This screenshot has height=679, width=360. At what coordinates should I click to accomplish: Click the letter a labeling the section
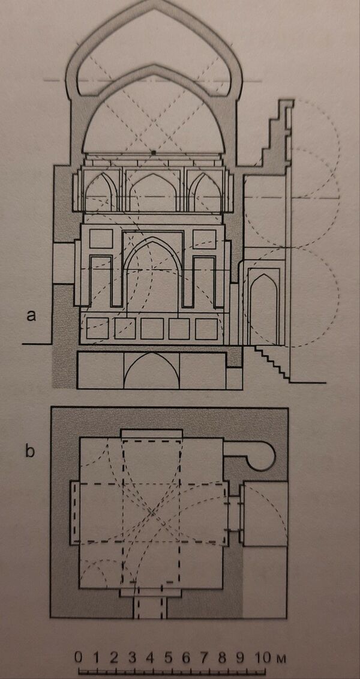31,316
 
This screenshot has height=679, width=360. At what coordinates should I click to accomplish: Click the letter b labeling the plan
31,451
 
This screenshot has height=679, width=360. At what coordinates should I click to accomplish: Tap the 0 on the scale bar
78,657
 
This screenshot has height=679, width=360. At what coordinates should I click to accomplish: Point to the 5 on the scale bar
168,657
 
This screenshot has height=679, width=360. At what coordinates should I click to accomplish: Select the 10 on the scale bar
262,657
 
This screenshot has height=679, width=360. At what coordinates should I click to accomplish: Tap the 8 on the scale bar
222,657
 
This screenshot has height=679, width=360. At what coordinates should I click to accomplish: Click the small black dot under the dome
153,152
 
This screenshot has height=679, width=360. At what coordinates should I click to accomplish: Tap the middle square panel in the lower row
152,328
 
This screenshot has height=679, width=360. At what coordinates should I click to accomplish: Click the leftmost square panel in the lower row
97,328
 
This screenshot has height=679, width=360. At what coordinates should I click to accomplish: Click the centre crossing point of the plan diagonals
152,513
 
